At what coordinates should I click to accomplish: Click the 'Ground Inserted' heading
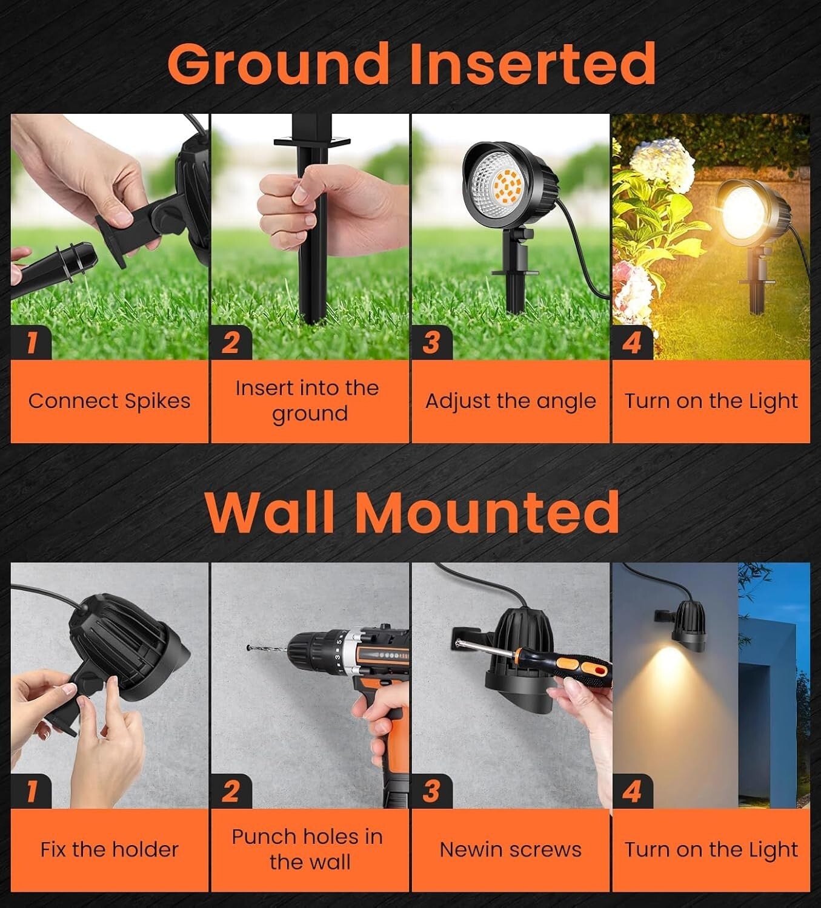(411, 64)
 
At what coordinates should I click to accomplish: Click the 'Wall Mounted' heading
(411, 512)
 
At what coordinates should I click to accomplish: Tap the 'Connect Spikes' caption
(109, 401)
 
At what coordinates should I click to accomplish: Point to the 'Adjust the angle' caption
(510, 401)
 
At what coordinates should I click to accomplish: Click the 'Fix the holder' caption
(109, 849)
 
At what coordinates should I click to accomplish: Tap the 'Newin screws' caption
(510, 849)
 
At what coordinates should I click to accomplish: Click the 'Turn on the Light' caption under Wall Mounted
(711, 849)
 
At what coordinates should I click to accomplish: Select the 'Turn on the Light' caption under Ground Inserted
(711, 401)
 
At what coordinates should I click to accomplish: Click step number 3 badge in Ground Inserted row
(431, 343)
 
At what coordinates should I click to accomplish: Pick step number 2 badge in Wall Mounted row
(230, 791)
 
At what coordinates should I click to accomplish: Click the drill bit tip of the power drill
(250, 648)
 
